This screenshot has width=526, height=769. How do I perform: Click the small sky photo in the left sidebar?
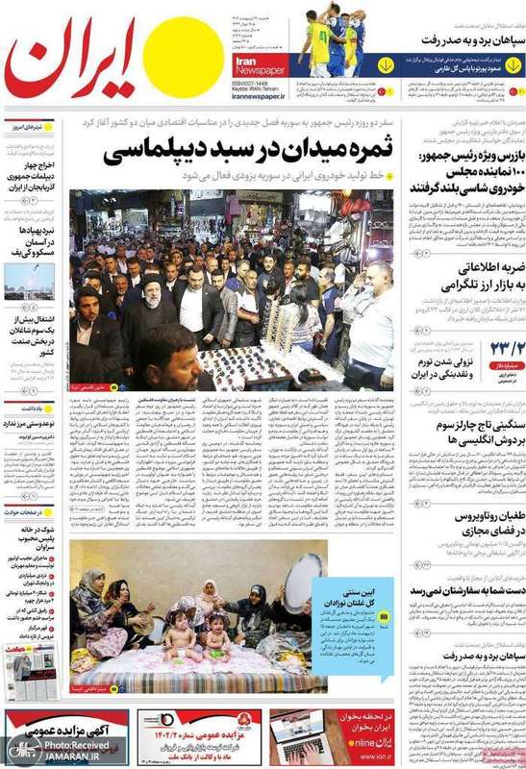click(29, 281)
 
